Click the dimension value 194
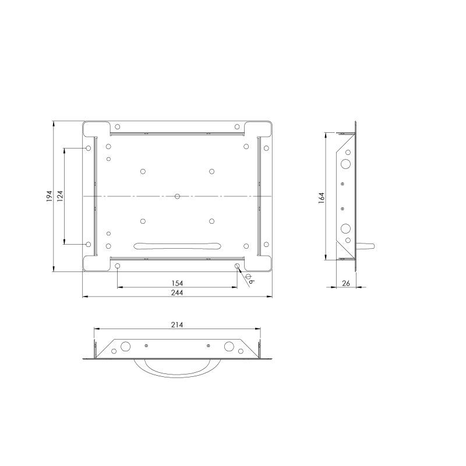click(x=50, y=196)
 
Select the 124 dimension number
click(x=60, y=196)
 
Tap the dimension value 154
click(x=177, y=283)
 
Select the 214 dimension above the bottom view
click(x=177, y=326)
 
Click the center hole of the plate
click(x=177, y=196)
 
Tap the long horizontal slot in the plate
click(x=177, y=245)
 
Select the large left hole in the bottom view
click(x=125, y=347)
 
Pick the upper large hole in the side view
click(x=347, y=164)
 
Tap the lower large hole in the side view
click(x=347, y=228)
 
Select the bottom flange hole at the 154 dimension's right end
click(x=237, y=266)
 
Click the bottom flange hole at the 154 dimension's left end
click(x=118, y=266)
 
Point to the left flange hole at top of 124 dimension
click(x=89, y=149)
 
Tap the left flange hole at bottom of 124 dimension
click(x=89, y=244)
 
